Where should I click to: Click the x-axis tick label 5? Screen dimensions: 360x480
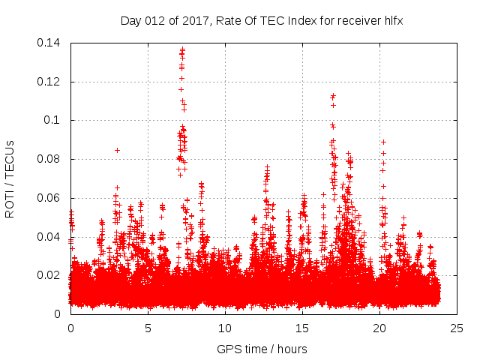(x=148, y=328)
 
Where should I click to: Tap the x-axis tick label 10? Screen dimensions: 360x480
(x=225, y=328)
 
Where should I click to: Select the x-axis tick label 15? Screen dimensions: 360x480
(x=302, y=328)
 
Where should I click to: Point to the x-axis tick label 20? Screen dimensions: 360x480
(x=379, y=328)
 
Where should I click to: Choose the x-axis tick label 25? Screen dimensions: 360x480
(x=457, y=328)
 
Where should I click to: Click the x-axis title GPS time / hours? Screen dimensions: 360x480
(x=262, y=349)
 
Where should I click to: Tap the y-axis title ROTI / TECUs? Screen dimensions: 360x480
(x=10, y=178)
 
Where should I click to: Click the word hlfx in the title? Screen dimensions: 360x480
(x=394, y=21)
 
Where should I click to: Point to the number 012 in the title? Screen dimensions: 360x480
(x=154, y=21)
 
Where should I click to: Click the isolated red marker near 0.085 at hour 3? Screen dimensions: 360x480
(x=117, y=150)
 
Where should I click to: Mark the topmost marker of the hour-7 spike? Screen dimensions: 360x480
(x=182, y=49)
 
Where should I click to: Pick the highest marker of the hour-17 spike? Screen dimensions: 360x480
(x=333, y=95)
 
